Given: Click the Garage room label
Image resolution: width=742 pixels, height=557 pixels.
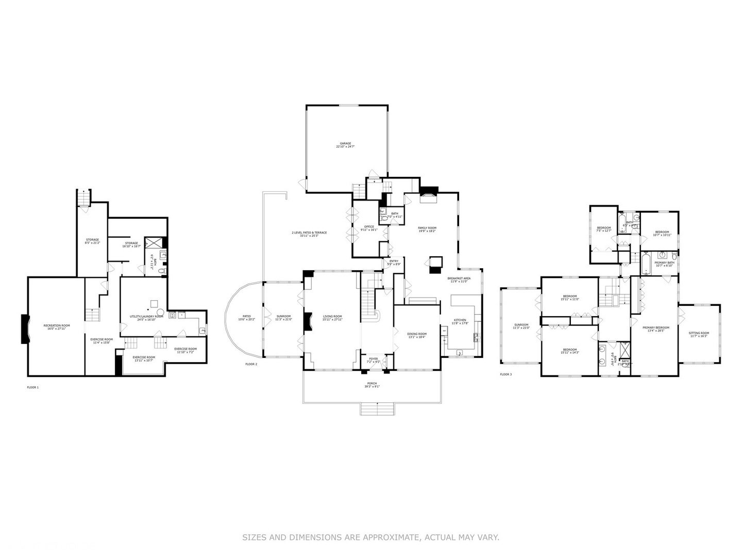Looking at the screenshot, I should [345, 145].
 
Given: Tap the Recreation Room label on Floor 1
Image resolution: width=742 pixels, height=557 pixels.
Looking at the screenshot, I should [57, 327].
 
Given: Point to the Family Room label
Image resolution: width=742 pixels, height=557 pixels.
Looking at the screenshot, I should [427, 230].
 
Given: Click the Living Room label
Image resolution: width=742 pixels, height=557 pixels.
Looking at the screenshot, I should [332, 318].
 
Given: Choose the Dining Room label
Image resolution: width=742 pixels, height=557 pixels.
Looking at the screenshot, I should [416, 335].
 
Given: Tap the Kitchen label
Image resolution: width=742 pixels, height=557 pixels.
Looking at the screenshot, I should [459, 322].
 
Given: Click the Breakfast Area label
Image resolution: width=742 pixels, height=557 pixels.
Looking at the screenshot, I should [459, 280].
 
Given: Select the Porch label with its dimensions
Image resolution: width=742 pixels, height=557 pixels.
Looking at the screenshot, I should [372, 385].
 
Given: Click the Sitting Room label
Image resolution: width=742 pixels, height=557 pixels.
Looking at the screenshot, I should [699, 334].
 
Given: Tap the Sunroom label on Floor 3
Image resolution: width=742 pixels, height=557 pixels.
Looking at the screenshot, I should [520, 326].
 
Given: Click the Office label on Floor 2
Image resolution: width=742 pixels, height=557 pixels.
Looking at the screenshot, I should [369, 228].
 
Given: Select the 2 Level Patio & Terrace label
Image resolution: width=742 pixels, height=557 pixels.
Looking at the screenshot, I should [309, 234].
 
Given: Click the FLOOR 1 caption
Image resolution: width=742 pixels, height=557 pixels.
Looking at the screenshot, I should [32, 387].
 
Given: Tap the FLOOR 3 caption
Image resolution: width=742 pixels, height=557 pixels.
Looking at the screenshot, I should [505, 374].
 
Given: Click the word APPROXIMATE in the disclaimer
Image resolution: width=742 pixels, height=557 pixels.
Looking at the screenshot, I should [391, 537].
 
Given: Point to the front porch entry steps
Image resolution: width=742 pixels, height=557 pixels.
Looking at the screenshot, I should [377, 409].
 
